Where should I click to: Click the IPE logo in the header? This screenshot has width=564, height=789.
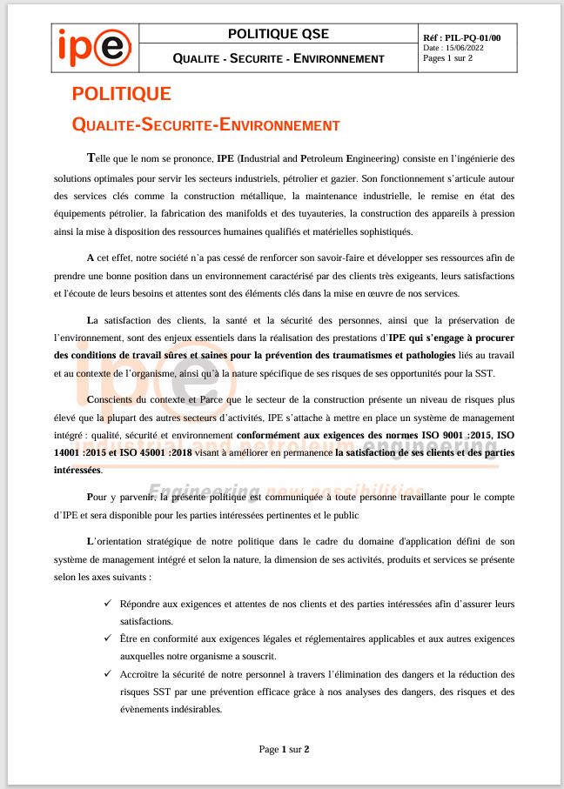click(94, 47)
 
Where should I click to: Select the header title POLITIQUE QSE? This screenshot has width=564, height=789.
click(279, 34)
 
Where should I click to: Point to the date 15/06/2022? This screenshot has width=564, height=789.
click(468, 49)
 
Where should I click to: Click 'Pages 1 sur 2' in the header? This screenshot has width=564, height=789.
click(447, 59)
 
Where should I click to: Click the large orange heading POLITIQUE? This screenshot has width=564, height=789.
click(122, 94)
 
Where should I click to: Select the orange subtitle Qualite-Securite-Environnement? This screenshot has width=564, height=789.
click(205, 125)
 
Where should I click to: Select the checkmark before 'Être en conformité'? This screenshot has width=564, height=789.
click(108, 639)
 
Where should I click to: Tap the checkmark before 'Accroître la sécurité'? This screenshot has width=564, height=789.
click(108, 674)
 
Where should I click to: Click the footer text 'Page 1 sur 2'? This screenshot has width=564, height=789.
click(285, 748)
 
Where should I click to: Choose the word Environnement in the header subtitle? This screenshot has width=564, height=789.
click(339, 58)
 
